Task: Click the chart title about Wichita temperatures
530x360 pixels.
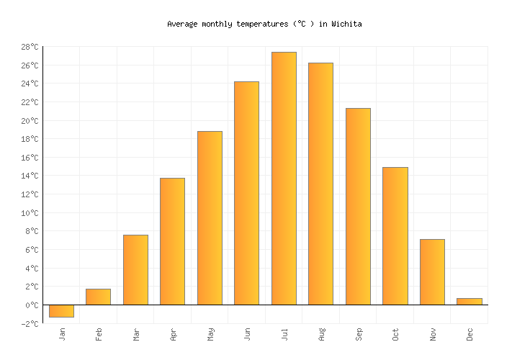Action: [264, 24]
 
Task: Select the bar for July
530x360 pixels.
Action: [284, 178]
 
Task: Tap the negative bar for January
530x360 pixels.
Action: [61, 311]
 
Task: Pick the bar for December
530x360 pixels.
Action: [469, 301]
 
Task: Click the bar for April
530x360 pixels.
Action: [172, 241]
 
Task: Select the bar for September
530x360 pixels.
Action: [358, 206]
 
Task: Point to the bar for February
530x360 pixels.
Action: [98, 297]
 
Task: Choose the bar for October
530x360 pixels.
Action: [395, 235]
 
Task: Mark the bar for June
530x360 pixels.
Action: [246, 193]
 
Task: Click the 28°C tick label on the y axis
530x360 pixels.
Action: [29, 47]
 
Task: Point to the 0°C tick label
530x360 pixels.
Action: [31, 305]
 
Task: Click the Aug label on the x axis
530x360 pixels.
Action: [321, 335]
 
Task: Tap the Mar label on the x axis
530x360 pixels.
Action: [136, 335]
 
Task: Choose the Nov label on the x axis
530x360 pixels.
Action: [433, 335]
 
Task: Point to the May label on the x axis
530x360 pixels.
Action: [210, 335]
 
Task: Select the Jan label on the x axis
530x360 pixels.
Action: [62, 335]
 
